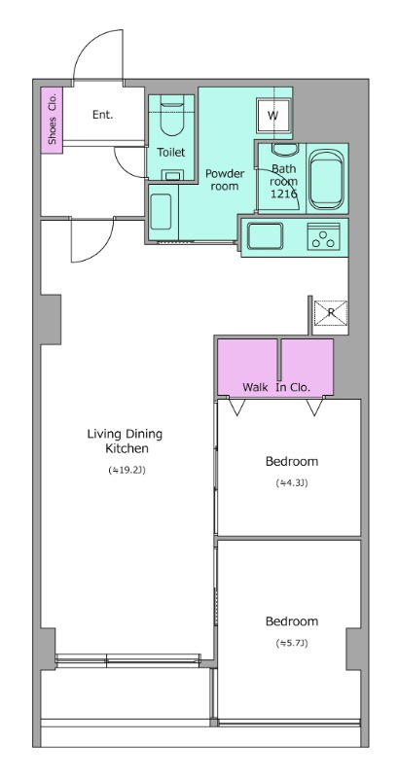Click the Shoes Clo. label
coord(52,119)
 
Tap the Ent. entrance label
coord(103,115)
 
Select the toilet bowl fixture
coord(171,118)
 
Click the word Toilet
coord(170,153)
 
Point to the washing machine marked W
coord(272,115)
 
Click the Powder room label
coord(225,180)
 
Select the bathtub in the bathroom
coord(326,179)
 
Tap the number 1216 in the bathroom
coord(284,193)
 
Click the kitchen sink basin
coord(265,236)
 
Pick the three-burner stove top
coord(324,236)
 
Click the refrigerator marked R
coord(331,312)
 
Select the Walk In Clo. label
coord(276,387)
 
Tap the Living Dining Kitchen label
coord(126,442)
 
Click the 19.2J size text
coord(127,470)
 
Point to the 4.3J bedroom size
coord(292,482)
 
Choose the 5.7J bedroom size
coord(292,643)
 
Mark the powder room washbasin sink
coord(161,211)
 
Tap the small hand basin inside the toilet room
coord(172,175)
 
